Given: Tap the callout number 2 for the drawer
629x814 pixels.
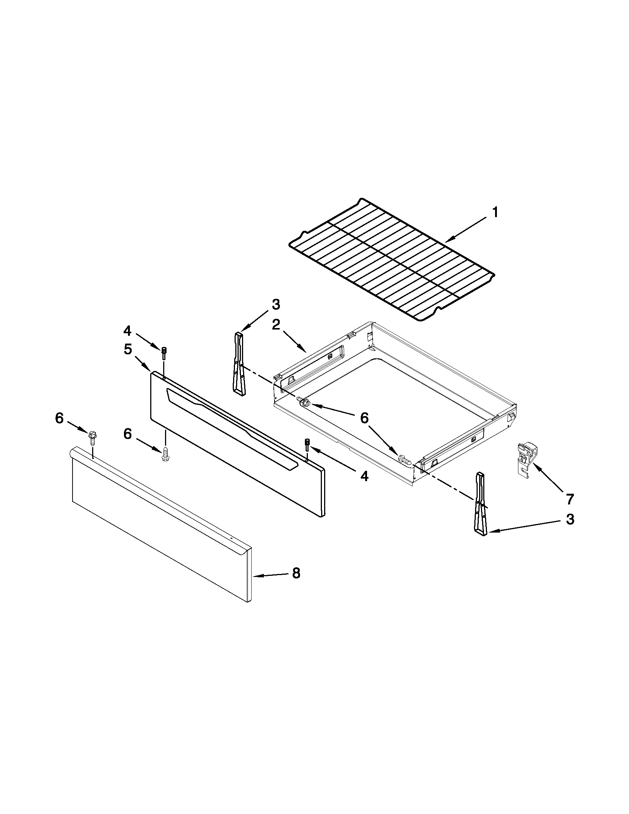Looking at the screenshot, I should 276,325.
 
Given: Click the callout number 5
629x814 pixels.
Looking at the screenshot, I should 128,349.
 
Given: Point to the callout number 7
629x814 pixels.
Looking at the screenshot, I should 569,499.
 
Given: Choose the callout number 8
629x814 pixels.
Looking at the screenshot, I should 296,574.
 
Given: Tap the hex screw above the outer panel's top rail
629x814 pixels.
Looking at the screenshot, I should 92,437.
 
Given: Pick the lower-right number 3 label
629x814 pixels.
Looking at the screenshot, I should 570,520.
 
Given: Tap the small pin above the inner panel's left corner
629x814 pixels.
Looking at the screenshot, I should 164,351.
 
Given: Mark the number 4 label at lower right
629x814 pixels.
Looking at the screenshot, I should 364,476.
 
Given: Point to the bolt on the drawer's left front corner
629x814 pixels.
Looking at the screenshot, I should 305,402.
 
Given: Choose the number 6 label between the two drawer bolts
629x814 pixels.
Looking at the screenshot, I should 364,418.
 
